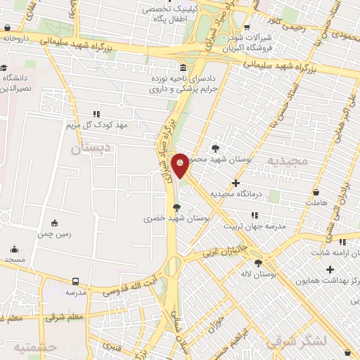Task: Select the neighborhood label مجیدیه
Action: (x=288, y=160)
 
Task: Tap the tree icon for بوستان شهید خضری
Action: (x=176, y=207)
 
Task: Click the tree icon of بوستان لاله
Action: (x=259, y=262)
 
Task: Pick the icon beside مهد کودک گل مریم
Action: (x=96, y=113)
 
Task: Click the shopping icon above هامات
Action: (x=316, y=192)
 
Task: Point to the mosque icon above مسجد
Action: (x=14, y=249)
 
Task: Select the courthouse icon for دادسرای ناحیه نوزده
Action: (x=183, y=68)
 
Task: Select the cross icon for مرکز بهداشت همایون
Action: (x=330, y=269)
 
